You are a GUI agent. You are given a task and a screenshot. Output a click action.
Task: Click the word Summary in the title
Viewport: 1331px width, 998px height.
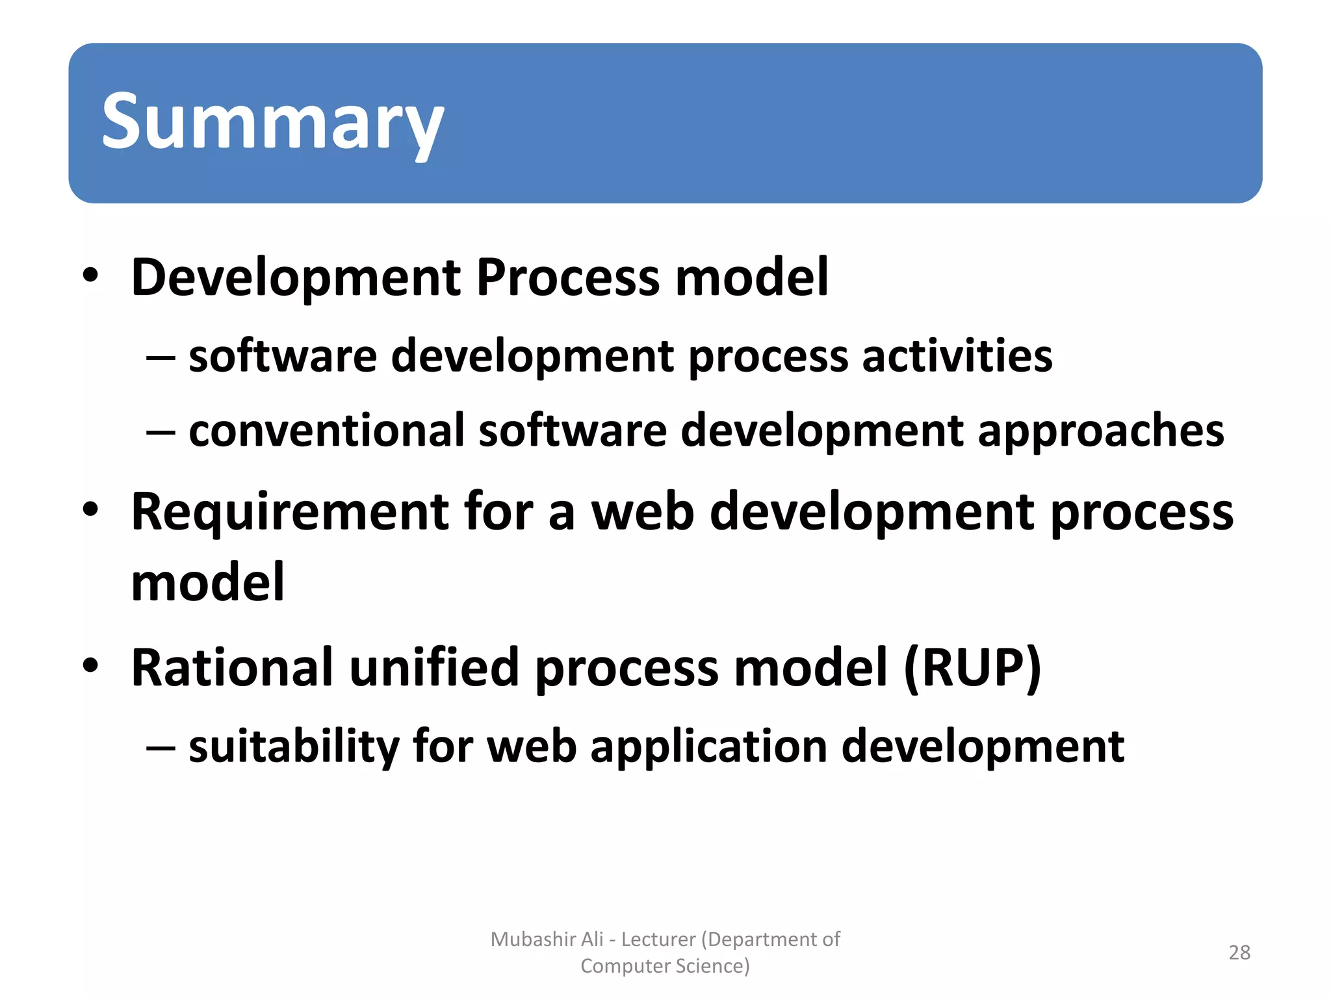click(x=272, y=122)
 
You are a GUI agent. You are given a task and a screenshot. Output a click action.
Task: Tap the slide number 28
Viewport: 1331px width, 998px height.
click(x=1239, y=953)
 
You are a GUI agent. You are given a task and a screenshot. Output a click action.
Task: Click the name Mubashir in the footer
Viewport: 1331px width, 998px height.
click(x=528, y=939)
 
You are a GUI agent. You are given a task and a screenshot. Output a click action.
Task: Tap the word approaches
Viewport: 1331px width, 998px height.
click(x=1101, y=432)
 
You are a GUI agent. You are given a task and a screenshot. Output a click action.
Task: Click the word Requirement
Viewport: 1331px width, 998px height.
click(x=289, y=512)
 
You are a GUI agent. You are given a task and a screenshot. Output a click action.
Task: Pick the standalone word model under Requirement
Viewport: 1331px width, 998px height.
click(x=207, y=582)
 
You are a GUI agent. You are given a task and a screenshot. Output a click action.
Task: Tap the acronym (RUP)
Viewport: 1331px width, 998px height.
click(x=972, y=668)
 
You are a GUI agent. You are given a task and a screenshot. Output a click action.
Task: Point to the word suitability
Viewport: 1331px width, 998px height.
click(x=294, y=747)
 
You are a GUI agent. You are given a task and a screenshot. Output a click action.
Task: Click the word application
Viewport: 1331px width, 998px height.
click(x=708, y=747)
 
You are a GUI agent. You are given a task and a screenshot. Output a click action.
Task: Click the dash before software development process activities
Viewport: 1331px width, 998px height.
click(x=161, y=358)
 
